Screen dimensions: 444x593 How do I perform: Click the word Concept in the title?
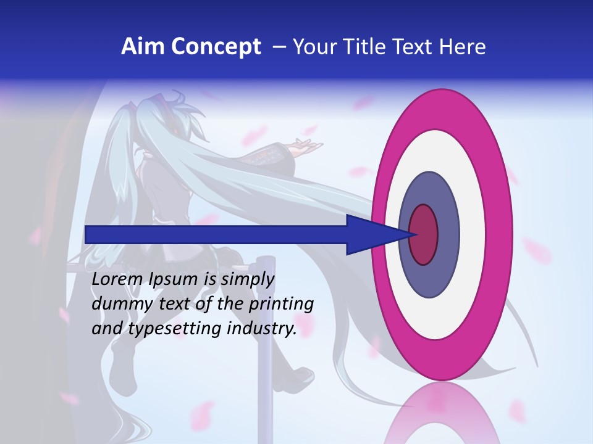[x=215, y=47]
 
